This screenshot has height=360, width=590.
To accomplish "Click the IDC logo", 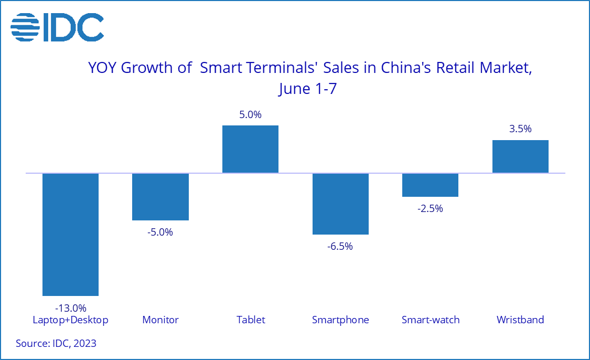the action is click(x=57, y=27).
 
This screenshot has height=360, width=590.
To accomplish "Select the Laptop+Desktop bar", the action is click(x=70, y=234).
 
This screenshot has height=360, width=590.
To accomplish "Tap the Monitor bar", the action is click(x=160, y=197).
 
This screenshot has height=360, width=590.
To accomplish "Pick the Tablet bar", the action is click(x=250, y=149).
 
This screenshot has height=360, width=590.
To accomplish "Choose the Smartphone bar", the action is click(x=340, y=204).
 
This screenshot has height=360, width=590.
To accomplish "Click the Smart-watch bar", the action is click(x=430, y=185).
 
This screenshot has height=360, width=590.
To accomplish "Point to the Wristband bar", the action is click(x=520, y=157).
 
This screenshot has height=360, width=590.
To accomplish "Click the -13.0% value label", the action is click(x=71, y=308).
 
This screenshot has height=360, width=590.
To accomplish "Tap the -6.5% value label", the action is click(x=340, y=246).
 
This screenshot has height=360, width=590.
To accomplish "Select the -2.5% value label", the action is click(x=430, y=209).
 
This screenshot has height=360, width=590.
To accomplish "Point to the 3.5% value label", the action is click(x=520, y=129).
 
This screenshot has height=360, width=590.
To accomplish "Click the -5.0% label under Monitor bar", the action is click(x=160, y=232).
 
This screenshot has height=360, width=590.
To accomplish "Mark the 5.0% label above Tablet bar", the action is click(x=250, y=114).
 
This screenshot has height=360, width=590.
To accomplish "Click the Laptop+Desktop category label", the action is click(x=70, y=320).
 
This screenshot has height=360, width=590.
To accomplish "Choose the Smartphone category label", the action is click(x=340, y=320).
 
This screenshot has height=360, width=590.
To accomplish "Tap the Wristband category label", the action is click(x=520, y=320).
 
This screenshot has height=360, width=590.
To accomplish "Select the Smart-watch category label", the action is click(x=431, y=320).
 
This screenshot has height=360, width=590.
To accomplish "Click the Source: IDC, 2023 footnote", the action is click(x=56, y=343).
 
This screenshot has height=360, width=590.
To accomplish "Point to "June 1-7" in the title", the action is click(x=307, y=89).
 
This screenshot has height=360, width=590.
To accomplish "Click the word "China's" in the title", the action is click(x=406, y=68).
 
